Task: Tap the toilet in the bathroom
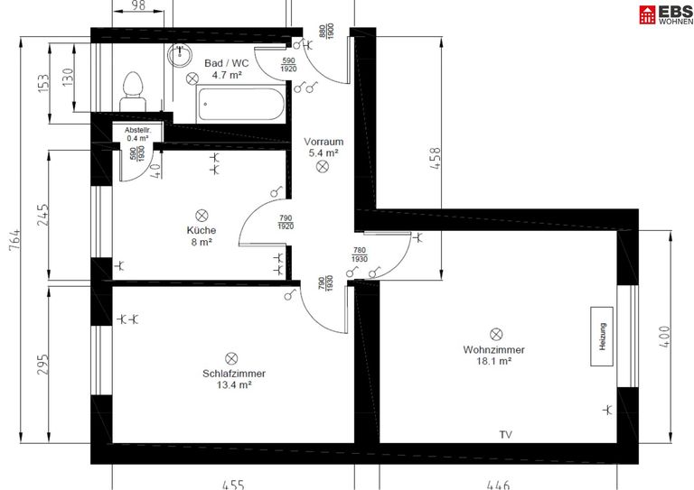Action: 133,86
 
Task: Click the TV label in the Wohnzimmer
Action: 505,435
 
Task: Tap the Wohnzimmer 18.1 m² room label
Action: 493,356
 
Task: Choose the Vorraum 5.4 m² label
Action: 323,147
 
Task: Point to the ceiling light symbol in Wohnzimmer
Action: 495,334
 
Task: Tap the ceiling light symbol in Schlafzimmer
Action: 230,358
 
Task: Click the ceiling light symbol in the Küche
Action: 202,215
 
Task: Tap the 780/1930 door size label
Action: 360,255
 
